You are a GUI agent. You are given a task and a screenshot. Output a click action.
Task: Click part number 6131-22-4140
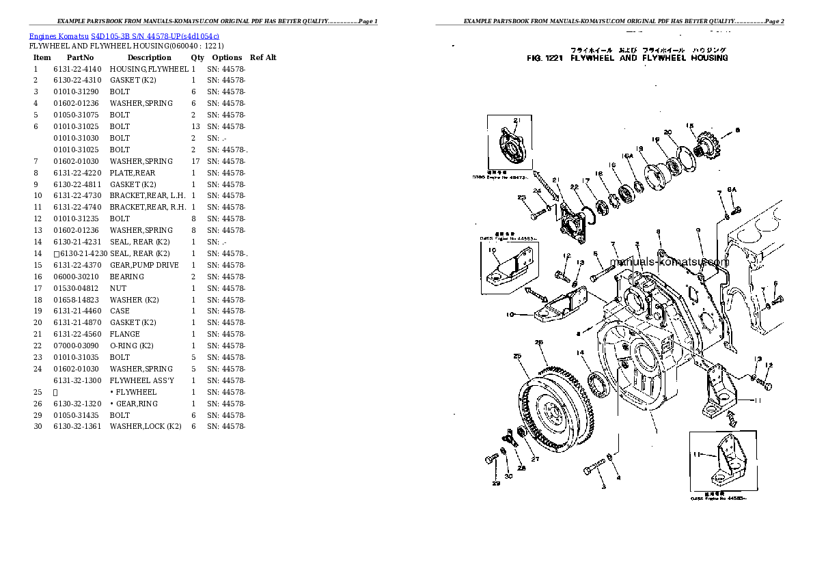[77, 69]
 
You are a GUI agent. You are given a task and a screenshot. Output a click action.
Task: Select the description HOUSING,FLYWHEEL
[148, 69]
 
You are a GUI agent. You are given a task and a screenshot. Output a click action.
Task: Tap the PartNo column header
[79, 57]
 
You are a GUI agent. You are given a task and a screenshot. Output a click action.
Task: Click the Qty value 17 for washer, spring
[195, 161]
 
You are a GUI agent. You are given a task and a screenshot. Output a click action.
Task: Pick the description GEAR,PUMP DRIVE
[144, 265]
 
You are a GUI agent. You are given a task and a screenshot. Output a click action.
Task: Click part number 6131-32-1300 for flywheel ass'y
[77, 380]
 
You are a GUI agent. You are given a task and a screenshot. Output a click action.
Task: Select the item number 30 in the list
[38, 427]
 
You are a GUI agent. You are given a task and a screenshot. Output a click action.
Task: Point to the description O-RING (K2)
[134, 346]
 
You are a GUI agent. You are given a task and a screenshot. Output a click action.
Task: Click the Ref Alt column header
[263, 57]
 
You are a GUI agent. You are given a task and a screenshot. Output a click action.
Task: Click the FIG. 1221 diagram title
[626, 58]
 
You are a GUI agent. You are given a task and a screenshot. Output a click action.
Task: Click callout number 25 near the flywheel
[517, 356]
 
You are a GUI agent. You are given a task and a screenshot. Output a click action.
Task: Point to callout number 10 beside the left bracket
[510, 315]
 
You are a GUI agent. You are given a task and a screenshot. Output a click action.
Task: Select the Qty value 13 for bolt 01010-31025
[195, 126]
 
